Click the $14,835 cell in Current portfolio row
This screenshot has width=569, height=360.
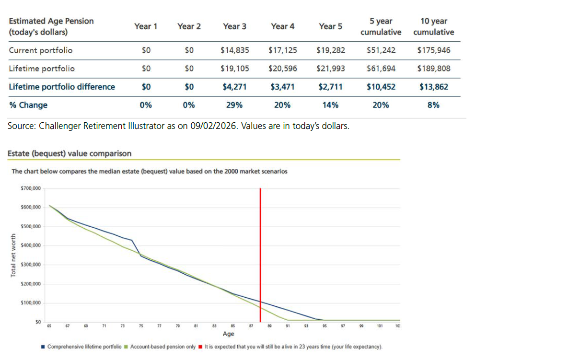click(234, 50)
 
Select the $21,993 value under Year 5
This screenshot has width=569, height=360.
click(330, 69)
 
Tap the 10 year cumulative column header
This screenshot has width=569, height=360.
click(433, 27)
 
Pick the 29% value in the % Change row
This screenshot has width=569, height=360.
click(234, 105)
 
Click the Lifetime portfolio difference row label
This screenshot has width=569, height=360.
click(62, 87)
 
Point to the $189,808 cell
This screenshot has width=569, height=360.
click(433, 69)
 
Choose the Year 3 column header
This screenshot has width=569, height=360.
click(234, 26)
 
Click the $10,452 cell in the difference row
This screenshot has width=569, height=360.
click(381, 87)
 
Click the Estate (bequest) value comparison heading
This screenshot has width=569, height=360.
click(70, 153)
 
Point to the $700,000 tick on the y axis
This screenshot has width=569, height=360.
click(31, 188)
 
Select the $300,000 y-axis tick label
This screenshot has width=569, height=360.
click(31, 265)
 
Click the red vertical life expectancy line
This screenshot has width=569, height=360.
click(260, 254)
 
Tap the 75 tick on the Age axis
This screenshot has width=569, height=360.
click(141, 326)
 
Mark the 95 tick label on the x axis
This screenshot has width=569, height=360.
click(325, 326)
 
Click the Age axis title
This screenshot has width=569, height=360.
click(228, 334)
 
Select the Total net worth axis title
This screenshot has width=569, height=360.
click(13, 255)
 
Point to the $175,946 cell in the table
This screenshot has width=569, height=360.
click(433, 50)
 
